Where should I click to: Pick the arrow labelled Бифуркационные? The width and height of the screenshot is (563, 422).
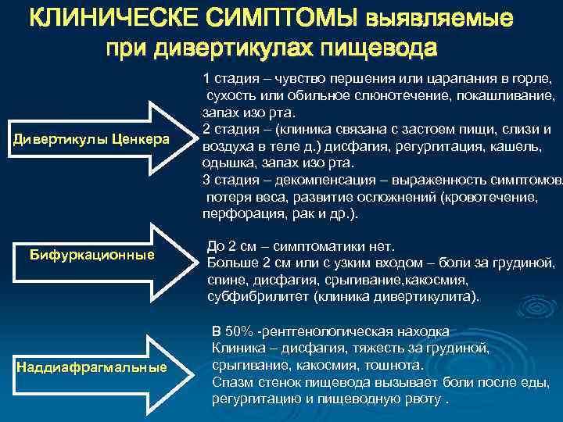pos(91,256)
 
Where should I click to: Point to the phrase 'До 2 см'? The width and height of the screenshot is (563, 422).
pos(231,245)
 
